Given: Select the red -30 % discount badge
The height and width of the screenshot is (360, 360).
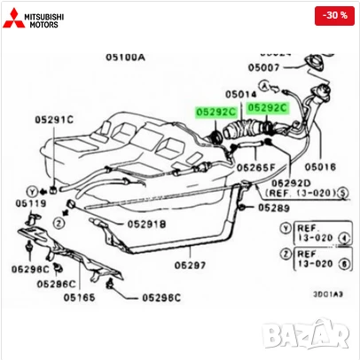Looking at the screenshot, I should point(333,16).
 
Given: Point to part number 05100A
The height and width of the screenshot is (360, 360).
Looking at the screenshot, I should point(126,56).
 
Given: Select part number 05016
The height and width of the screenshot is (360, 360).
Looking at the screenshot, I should point(320,166).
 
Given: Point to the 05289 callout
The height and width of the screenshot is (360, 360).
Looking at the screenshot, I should point(274,208).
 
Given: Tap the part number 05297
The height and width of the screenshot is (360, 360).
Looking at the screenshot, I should point(189,264).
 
